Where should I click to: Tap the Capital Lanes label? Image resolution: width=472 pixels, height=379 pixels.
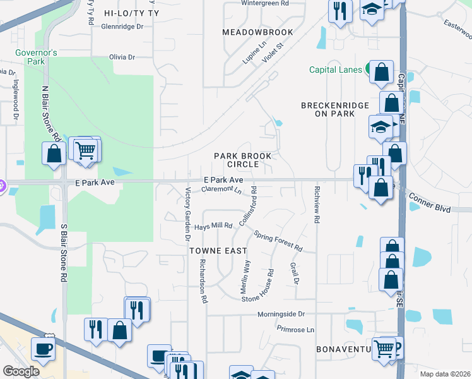pyautogui.click(x=334, y=69)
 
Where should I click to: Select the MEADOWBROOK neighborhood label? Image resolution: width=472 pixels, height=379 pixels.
pyautogui.click(x=257, y=32)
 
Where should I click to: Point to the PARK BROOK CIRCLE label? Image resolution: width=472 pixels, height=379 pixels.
pyautogui.click(x=242, y=160)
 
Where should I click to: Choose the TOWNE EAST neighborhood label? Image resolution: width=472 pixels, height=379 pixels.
pyautogui.click(x=218, y=251)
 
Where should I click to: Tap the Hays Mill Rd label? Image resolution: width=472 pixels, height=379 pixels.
pyautogui.click(x=213, y=226)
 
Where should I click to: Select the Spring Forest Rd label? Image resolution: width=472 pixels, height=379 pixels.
pyautogui.click(x=278, y=240)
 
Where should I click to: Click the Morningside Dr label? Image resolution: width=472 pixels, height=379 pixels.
pyautogui.click(x=281, y=314)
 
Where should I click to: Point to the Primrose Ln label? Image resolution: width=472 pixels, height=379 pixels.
pyautogui.click(x=295, y=330)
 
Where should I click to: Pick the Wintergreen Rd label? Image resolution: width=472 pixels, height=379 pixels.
pyautogui.click(x=265, y=3)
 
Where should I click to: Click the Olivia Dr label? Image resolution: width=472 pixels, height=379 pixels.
pyautogui.click(x=122, y=57)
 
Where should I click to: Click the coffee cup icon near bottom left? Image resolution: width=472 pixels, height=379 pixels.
pyautogui.click(x=43, y=348)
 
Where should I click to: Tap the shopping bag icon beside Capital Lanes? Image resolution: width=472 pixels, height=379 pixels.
pyautogui.click(x=382, y=73)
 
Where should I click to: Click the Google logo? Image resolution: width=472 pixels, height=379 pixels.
pyautogui.click(x=21, y=371)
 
